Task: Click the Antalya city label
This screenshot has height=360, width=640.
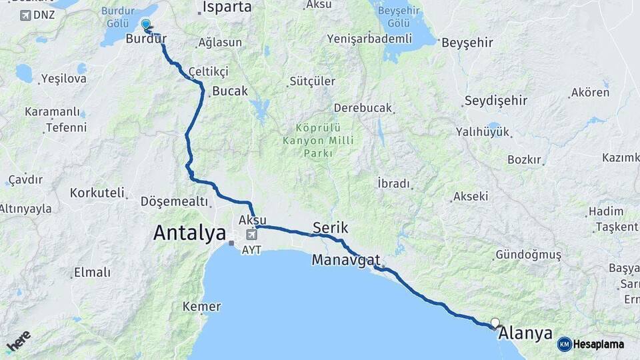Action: tap(189, 233)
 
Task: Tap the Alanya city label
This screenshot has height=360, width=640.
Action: tap(525, 333)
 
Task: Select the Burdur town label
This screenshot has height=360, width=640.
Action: tap(146, 39)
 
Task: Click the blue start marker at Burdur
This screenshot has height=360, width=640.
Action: tap(146, 25)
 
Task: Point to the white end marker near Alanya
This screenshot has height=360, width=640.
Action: tap(495, 323)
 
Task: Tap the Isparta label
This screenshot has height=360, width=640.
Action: tap(227, 7)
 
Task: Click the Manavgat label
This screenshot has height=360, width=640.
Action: tap(345, 259)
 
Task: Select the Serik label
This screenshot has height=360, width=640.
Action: tap(330, 227)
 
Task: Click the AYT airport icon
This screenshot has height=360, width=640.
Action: tap(251, 235)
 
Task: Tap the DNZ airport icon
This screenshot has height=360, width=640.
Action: tap(25, 15)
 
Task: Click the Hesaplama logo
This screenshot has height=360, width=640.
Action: tap(591, 344)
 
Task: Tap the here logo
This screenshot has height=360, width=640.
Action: tap(18, 341)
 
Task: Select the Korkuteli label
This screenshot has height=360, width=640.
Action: tap(97, 193)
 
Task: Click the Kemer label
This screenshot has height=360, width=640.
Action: tap(201, 307)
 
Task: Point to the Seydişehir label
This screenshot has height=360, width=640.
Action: tap(495, 101)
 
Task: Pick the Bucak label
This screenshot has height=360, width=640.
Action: tap(229, 91)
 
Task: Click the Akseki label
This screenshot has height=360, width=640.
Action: tap(470, 197)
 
